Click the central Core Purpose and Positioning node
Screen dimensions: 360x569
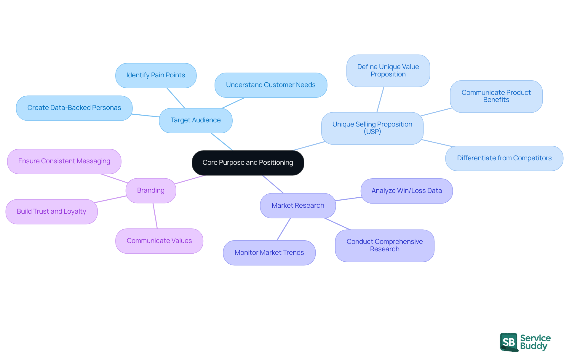pyautogui.click(x=248, y=163)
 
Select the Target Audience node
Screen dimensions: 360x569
pyautogui.click(x=196, y=120)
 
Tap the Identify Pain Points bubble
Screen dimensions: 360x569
pyautogui.click(x=156, y=75)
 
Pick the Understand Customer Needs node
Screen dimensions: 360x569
pyautogui.click(x=271, y=85)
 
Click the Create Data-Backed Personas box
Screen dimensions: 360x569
pyautogui.click(x=74, y=108)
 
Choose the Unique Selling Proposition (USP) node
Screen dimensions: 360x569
pyautogui.click(x=372, y=128)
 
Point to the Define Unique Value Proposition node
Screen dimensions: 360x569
pyautogui.click(x=388, y=71)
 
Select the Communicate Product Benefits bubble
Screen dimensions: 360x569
pyautogui.click(x=496, y=96)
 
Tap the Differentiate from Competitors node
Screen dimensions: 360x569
pyautogui.click(x=504, y=158)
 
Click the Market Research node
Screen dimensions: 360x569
pyautogui.click(x=298, y=206)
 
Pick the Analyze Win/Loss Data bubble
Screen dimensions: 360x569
pyautogui.click(x=407, y=191)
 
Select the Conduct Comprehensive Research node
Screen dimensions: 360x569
pyautogui.click(x=385, y=245)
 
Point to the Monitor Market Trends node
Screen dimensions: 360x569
pyautogui.click(x=269, y=253)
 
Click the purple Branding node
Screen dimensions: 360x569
pyautogui.click(x=151, y=191)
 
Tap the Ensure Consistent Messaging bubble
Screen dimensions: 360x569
pyautogui.click(x=64, y=161)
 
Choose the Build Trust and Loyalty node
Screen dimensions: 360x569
pyautogui.click(x=51, y=212)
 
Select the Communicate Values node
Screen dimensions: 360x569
pyautogui.click(x=159, y=241)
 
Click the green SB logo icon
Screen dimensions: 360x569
pyautogui.click(x=509, y=342)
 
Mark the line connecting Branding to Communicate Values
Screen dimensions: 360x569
pyautogui.click(x=155, y=216)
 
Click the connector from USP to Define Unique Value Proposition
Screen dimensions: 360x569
pyautogui.click(x=380, y=100)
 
